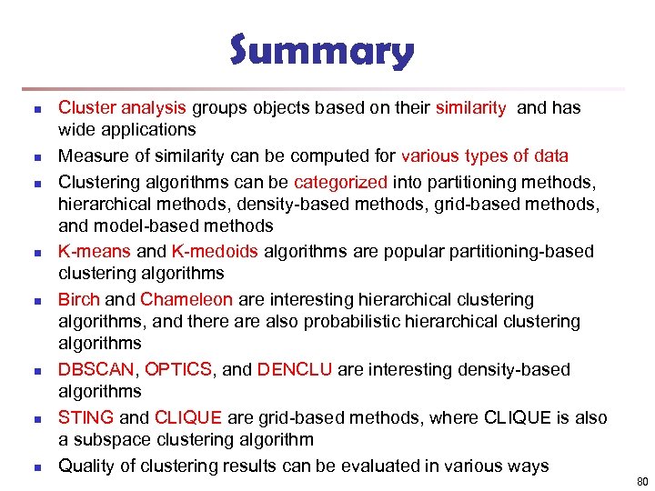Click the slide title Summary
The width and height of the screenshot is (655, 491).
click(322, 52)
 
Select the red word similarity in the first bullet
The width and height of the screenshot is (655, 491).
click(471, 107)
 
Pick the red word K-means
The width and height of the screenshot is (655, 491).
click(95, 251)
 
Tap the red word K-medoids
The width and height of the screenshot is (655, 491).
click(213, 251)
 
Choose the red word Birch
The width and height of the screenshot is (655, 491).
click(79, 299)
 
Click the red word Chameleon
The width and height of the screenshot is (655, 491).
click(187, 299)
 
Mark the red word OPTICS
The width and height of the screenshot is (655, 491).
click(178, 369)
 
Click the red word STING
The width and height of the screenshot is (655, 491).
click(86, 417)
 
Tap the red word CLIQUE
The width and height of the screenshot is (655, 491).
click(188, 417)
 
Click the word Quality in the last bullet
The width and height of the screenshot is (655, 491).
click(86, 466)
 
